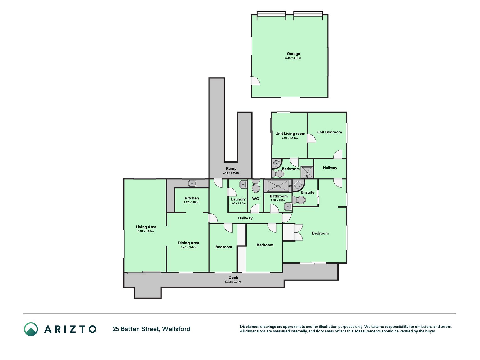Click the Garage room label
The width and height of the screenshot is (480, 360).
coord(293,54)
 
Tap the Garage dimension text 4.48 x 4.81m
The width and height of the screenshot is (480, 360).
coord(293,58)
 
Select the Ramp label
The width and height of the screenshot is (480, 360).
coord(231,168)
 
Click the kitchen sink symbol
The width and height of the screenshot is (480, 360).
coord(192,184)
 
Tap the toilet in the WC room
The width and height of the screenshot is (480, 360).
coord(256,186)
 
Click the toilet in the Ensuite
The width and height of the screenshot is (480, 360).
coord(299,200)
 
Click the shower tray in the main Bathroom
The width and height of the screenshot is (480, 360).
coord(278,186)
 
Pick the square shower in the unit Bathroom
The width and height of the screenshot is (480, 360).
coord(307,172)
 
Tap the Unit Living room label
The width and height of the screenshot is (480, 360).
coord(290,134)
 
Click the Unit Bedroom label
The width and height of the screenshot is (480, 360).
coord(329,132)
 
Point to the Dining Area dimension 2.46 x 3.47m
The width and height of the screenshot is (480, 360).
coord(189,247)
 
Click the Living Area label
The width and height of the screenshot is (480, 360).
coord(146,227)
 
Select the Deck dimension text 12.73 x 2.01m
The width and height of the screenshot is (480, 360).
coord(233,282)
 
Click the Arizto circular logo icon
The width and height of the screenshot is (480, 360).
coord(31,329)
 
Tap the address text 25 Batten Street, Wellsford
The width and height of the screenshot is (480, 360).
coord(151,329)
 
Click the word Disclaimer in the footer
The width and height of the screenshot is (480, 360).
coord(249,327)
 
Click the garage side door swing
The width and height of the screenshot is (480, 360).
coord(255,81)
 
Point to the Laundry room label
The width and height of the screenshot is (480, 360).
coord(238,199)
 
